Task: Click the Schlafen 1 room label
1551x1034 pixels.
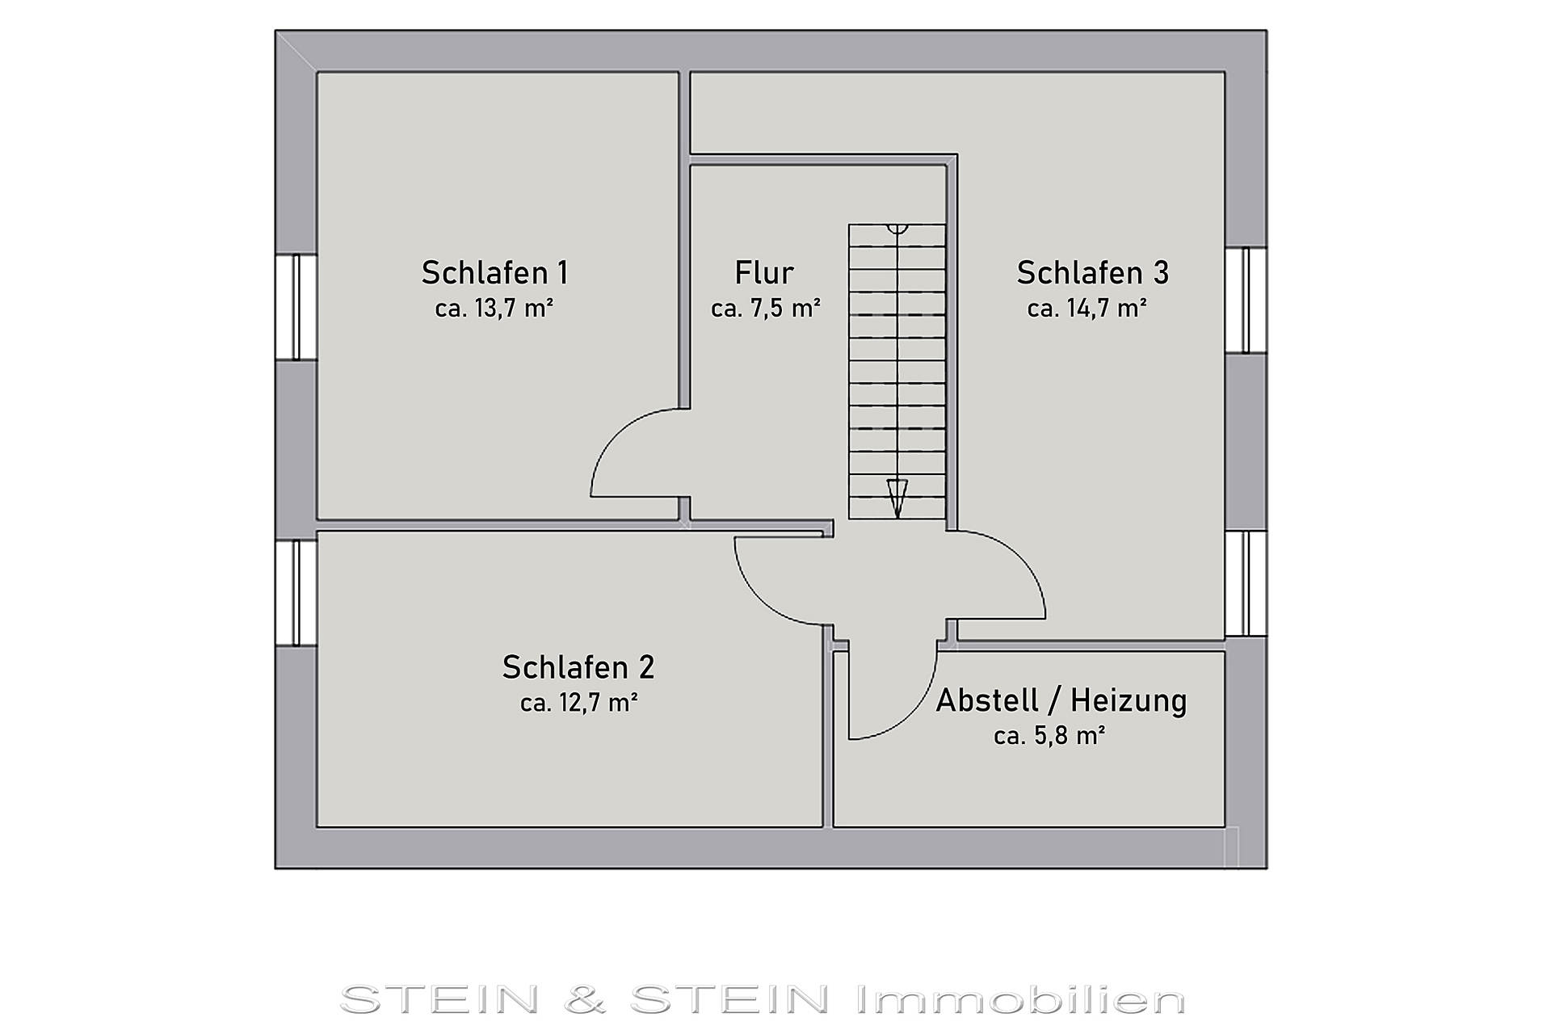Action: pos(494,273)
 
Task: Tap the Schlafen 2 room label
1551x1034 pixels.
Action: pos(578,667)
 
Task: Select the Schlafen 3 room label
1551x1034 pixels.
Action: pos(1092,273)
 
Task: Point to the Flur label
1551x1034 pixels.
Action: pos(764,273)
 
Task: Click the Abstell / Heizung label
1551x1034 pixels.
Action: pos(1061,700)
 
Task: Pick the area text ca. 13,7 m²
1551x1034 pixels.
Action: pos(494,309)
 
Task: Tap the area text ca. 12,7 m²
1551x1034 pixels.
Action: pos(579,703)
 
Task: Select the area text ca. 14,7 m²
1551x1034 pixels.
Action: pos(1087,309)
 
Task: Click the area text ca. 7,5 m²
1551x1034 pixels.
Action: pos(766,309)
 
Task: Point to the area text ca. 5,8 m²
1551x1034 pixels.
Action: pos(1049,736)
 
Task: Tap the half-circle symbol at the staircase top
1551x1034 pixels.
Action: pos(897,229)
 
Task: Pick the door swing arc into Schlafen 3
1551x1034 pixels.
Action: pos(1020,558)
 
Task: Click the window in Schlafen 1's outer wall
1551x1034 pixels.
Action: pos(296,307)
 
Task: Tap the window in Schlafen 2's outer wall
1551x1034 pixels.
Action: pos(296,593)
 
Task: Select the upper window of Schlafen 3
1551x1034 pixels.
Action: pos(1246,300)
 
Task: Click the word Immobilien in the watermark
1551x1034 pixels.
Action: pos(1019,1000)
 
